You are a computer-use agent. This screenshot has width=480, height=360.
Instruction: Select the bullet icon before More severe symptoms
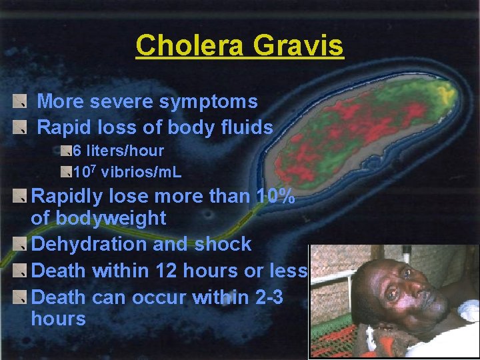20,102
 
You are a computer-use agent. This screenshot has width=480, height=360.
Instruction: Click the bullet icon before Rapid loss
20,127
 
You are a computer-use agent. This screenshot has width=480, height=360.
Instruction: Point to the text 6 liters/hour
118,151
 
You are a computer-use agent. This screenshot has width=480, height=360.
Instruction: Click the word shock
223,244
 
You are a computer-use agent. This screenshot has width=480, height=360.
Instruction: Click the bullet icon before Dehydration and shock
20,244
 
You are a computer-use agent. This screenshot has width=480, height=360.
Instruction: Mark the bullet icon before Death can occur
20,297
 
